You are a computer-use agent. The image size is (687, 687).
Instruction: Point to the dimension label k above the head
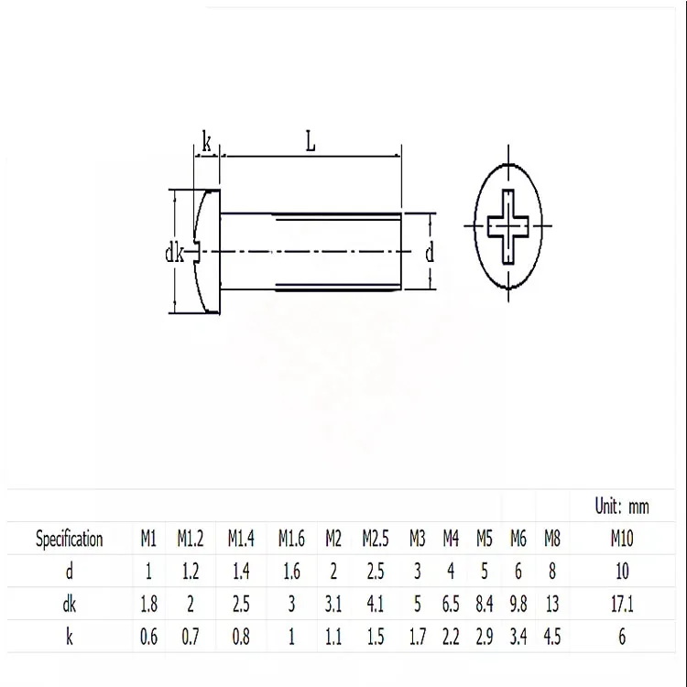click(206, 143)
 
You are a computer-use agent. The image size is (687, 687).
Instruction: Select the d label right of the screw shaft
click(429, 252)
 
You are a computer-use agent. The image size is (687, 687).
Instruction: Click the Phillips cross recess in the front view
click(508, 224)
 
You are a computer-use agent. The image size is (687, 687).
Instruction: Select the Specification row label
click(70, 538)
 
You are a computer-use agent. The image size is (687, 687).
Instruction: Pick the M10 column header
click(621, 538)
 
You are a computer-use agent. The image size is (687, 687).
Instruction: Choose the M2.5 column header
click(376, 538)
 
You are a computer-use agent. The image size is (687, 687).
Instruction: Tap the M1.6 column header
click(291, 538)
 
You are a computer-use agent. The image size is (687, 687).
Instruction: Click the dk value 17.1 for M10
click(621, 605)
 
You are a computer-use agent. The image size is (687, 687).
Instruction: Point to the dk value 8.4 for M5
click(485, 605)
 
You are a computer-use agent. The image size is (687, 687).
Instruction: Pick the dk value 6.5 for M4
click(451, 605)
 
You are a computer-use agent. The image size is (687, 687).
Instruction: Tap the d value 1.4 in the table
click(241, 572)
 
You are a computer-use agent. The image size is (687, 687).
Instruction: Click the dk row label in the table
click(70, 605)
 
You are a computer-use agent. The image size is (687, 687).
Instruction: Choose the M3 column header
click(418, 538)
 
